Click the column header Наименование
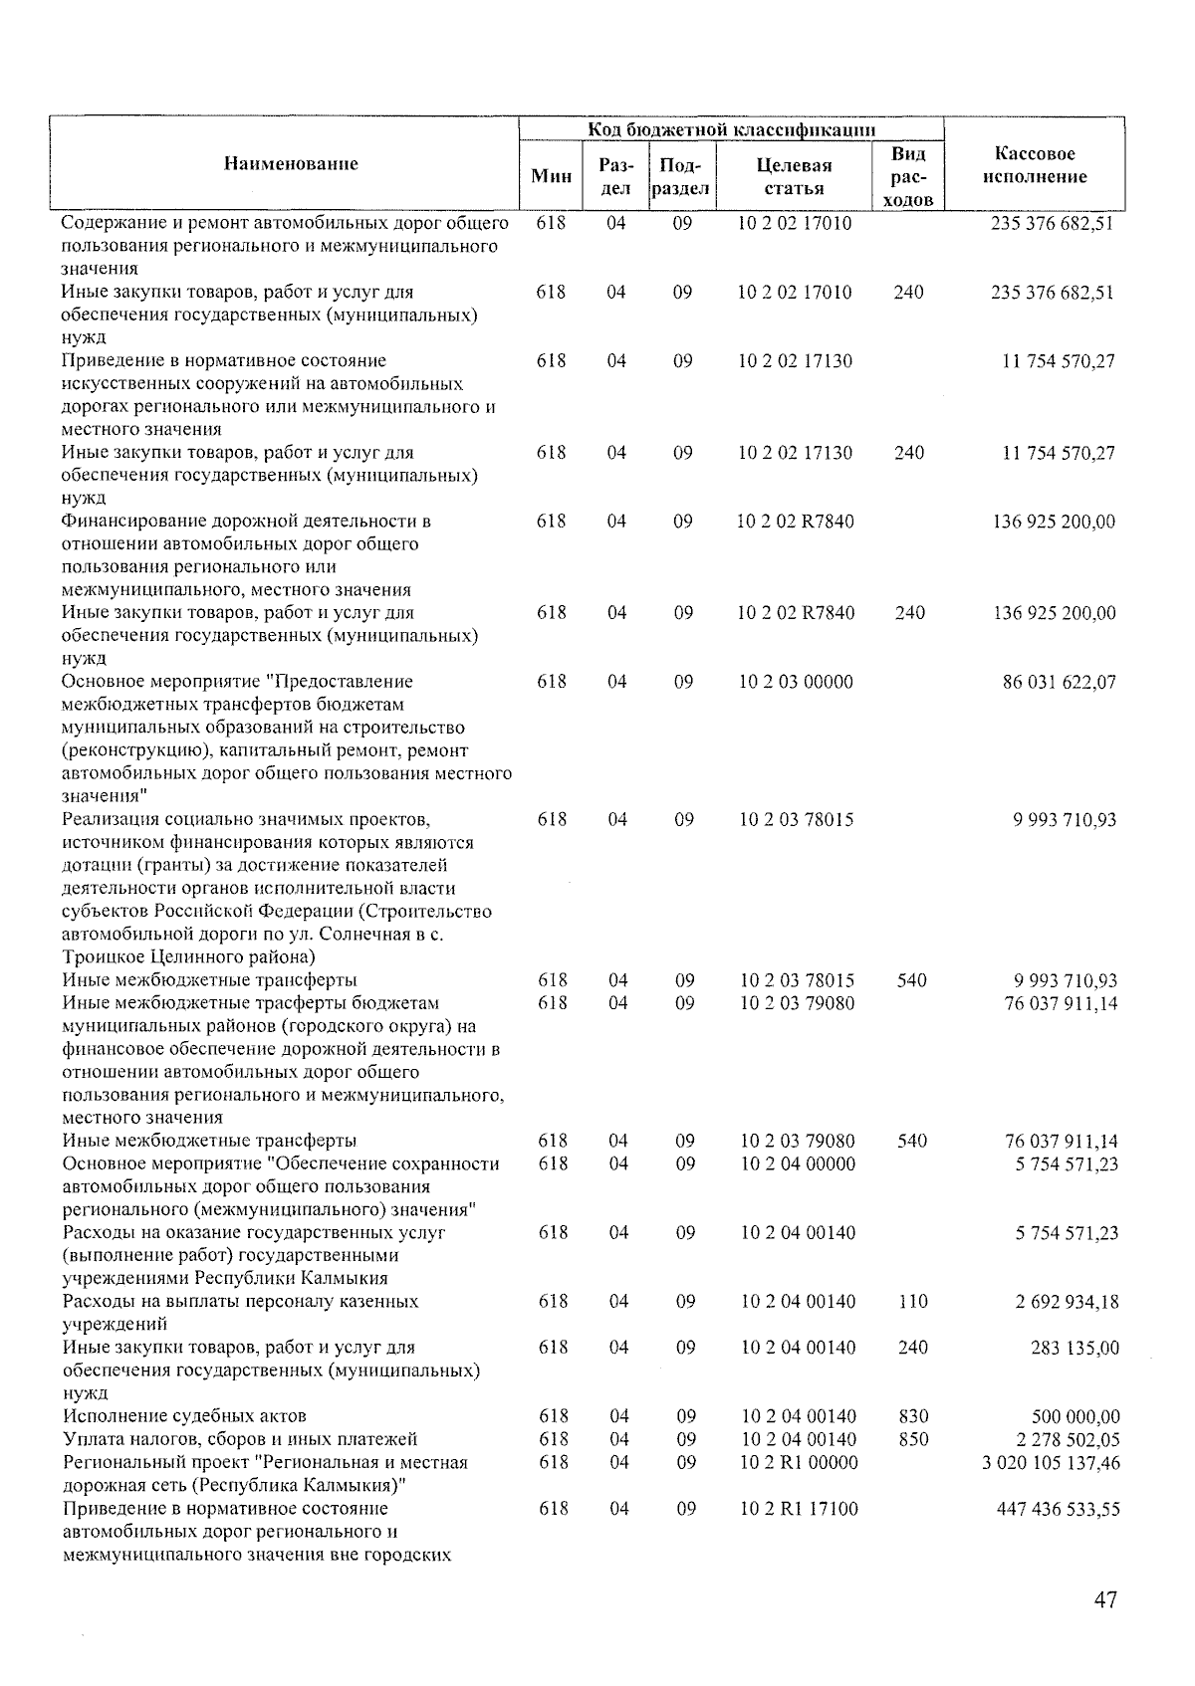coord(290,163)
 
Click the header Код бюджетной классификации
coord(731,129)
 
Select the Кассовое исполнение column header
coord(1034,165)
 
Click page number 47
coord(1104,1599)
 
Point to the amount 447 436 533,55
coord(1058,1509)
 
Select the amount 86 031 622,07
coord(1059,682)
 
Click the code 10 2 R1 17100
coord(798,1509)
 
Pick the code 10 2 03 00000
coord(796,682)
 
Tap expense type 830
coord(912,1416)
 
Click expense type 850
coord(912,1439)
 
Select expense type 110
coord(912,1301)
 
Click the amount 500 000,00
coord(1075,1416)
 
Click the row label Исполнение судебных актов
coord(184,1416)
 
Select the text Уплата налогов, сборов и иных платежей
coord(239,1439)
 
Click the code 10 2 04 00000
coord(798,1163)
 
